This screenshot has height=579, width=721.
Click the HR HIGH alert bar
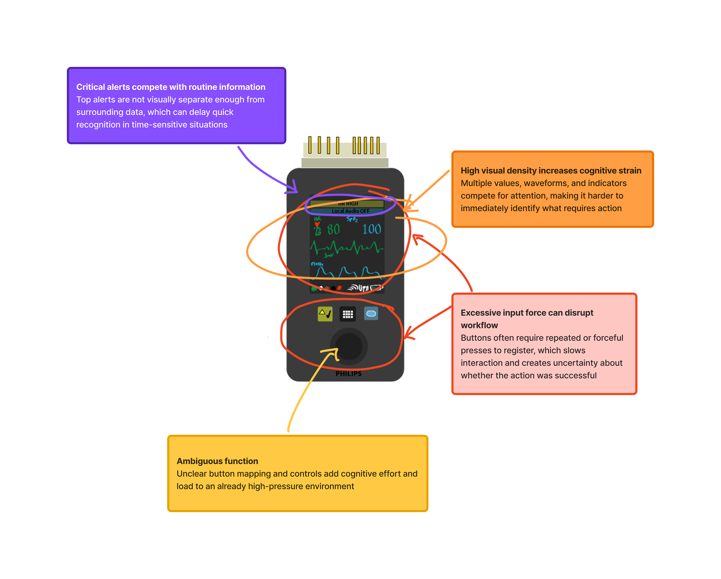[347, 204]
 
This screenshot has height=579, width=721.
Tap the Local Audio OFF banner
[350, 211]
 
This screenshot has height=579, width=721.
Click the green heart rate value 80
[333, 229]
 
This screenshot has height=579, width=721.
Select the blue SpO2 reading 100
[371, 229]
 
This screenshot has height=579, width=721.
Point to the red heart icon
[317, 225]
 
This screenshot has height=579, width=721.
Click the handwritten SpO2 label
[352, 219]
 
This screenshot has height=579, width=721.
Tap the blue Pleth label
[317, 264]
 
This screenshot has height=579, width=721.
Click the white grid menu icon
[348, 314]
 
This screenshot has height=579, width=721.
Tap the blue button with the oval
[371, 314]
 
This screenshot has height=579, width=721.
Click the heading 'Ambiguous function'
[217, 461]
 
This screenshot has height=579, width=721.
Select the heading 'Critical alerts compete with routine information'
[170, 87]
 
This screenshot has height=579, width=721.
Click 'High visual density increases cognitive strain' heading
[551, 170]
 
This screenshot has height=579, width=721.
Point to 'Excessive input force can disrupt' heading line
[526, 313]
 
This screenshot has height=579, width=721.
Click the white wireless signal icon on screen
[353, 288]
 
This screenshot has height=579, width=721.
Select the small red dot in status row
[339, 288]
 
